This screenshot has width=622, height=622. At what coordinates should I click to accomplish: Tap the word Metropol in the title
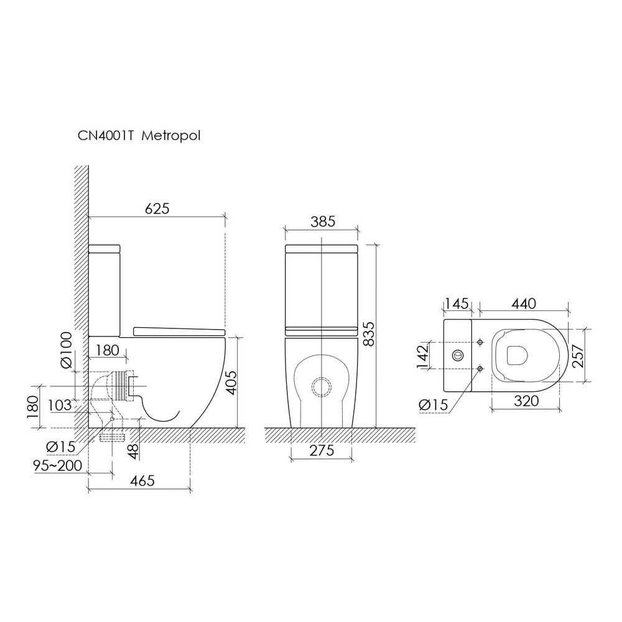tap(171, 136)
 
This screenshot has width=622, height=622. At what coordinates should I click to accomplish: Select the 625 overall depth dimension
tap(157, 208)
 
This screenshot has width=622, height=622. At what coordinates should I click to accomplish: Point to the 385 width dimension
tap(323, 221)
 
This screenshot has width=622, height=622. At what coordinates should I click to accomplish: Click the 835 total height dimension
tap(369, 334)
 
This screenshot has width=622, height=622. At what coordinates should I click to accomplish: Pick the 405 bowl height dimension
tap(231, 383)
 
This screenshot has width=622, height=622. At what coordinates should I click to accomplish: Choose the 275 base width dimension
tap(322, 450)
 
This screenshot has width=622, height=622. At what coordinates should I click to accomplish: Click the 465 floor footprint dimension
tap(142, 480)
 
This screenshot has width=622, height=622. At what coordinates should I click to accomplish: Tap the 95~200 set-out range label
tap(58, 465)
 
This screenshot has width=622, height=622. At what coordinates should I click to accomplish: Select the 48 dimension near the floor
tap(134, 452)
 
